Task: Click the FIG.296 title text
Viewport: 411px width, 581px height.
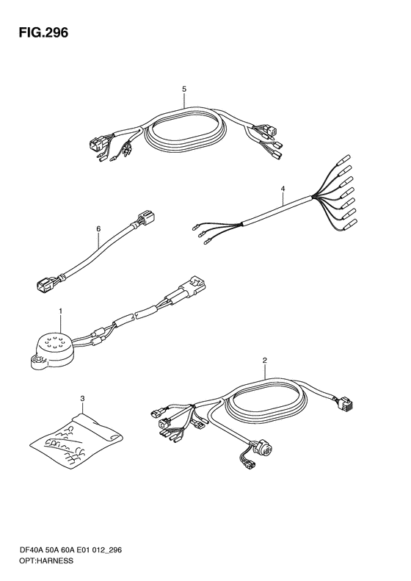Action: pos(44,32)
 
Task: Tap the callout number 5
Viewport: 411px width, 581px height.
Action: pos(184,89)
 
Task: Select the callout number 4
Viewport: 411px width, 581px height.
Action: pos(283,189)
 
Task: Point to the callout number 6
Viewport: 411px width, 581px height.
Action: pos(98,229)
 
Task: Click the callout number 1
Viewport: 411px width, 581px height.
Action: pos(61,311)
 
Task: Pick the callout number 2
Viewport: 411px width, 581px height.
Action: pos(265,360)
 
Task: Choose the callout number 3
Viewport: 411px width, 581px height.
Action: pos(83,399)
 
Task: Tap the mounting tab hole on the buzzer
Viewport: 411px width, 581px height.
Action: pos(37,359)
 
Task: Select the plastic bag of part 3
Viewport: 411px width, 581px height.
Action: pos(76,440)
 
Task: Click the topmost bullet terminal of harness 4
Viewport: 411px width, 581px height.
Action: pos(343,159)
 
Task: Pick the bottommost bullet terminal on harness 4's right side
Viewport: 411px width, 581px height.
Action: pos(350,224)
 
